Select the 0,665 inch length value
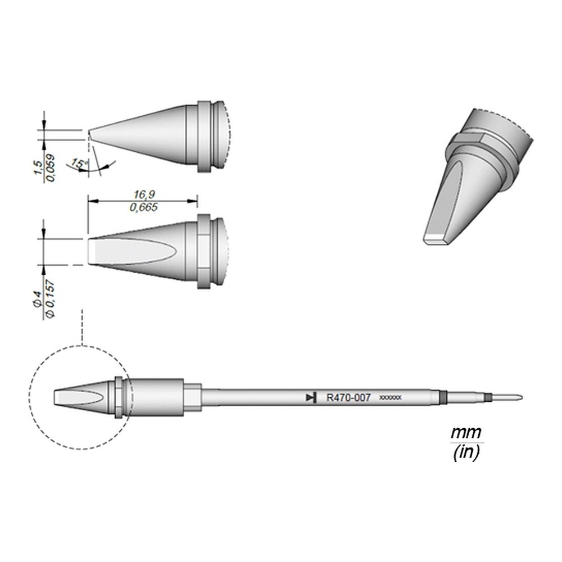pyautogui.click(x=144, y=207)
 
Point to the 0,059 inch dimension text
pyautogui.click(x=50, y=167)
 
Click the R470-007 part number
pyautogui.click(x=348, y=398)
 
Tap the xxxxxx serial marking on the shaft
pyautogui.click(x=391, y=398)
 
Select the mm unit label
pyautogui.click(x=466, y=433)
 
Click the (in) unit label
pyautogui.click(x=466, y=453)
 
